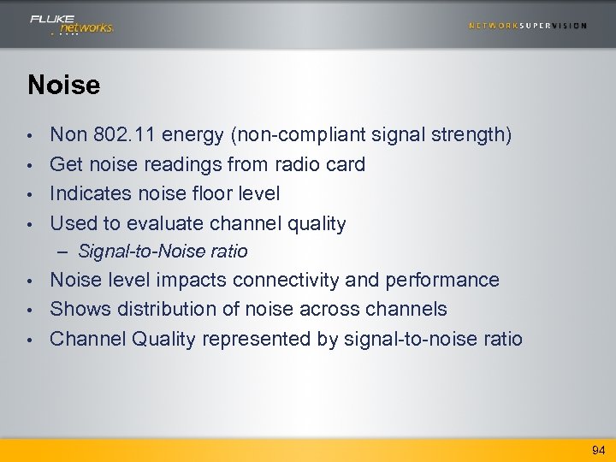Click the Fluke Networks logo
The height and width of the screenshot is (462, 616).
[x=71, y=23]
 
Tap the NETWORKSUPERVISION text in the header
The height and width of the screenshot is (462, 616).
[x=527, y=26]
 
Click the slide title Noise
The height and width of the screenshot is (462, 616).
[x=63, y=85]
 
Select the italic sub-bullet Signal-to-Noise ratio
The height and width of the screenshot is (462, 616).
[x=163, y=252]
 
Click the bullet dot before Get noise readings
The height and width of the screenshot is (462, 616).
[x=30, y=165]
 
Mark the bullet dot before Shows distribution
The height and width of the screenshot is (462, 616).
[x=30, y=310]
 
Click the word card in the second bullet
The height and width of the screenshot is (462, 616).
[x=345, y=164]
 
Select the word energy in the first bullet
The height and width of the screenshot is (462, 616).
[x=189, y=135]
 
